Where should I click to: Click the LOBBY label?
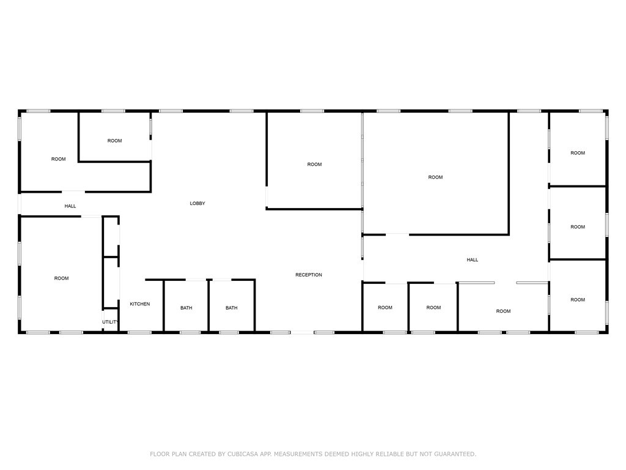tap(197, 203)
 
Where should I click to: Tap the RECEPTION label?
tap(309, 275)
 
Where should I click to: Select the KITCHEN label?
tap(139, 304)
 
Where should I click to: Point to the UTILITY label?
tap(111, 322)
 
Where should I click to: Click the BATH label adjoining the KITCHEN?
tap(186, 308)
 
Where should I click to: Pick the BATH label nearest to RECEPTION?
tap(231, 308)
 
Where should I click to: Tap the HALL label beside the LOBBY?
tap(70, 206)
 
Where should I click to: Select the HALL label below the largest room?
tap(473, 260)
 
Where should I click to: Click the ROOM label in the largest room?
tap(435, 177)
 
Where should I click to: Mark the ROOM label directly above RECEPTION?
tap(314, 165)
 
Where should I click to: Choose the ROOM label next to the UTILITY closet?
tap(61, 278)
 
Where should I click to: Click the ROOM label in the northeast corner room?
tap(578, 153)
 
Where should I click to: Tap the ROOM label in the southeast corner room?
tap(578, 300)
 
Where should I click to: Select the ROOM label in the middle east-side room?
tap(578, 227)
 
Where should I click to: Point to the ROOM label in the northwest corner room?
tap(58, 159)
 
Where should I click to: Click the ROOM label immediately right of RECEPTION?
tap(385, 308)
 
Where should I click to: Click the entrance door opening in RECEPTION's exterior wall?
tap(303, 332)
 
